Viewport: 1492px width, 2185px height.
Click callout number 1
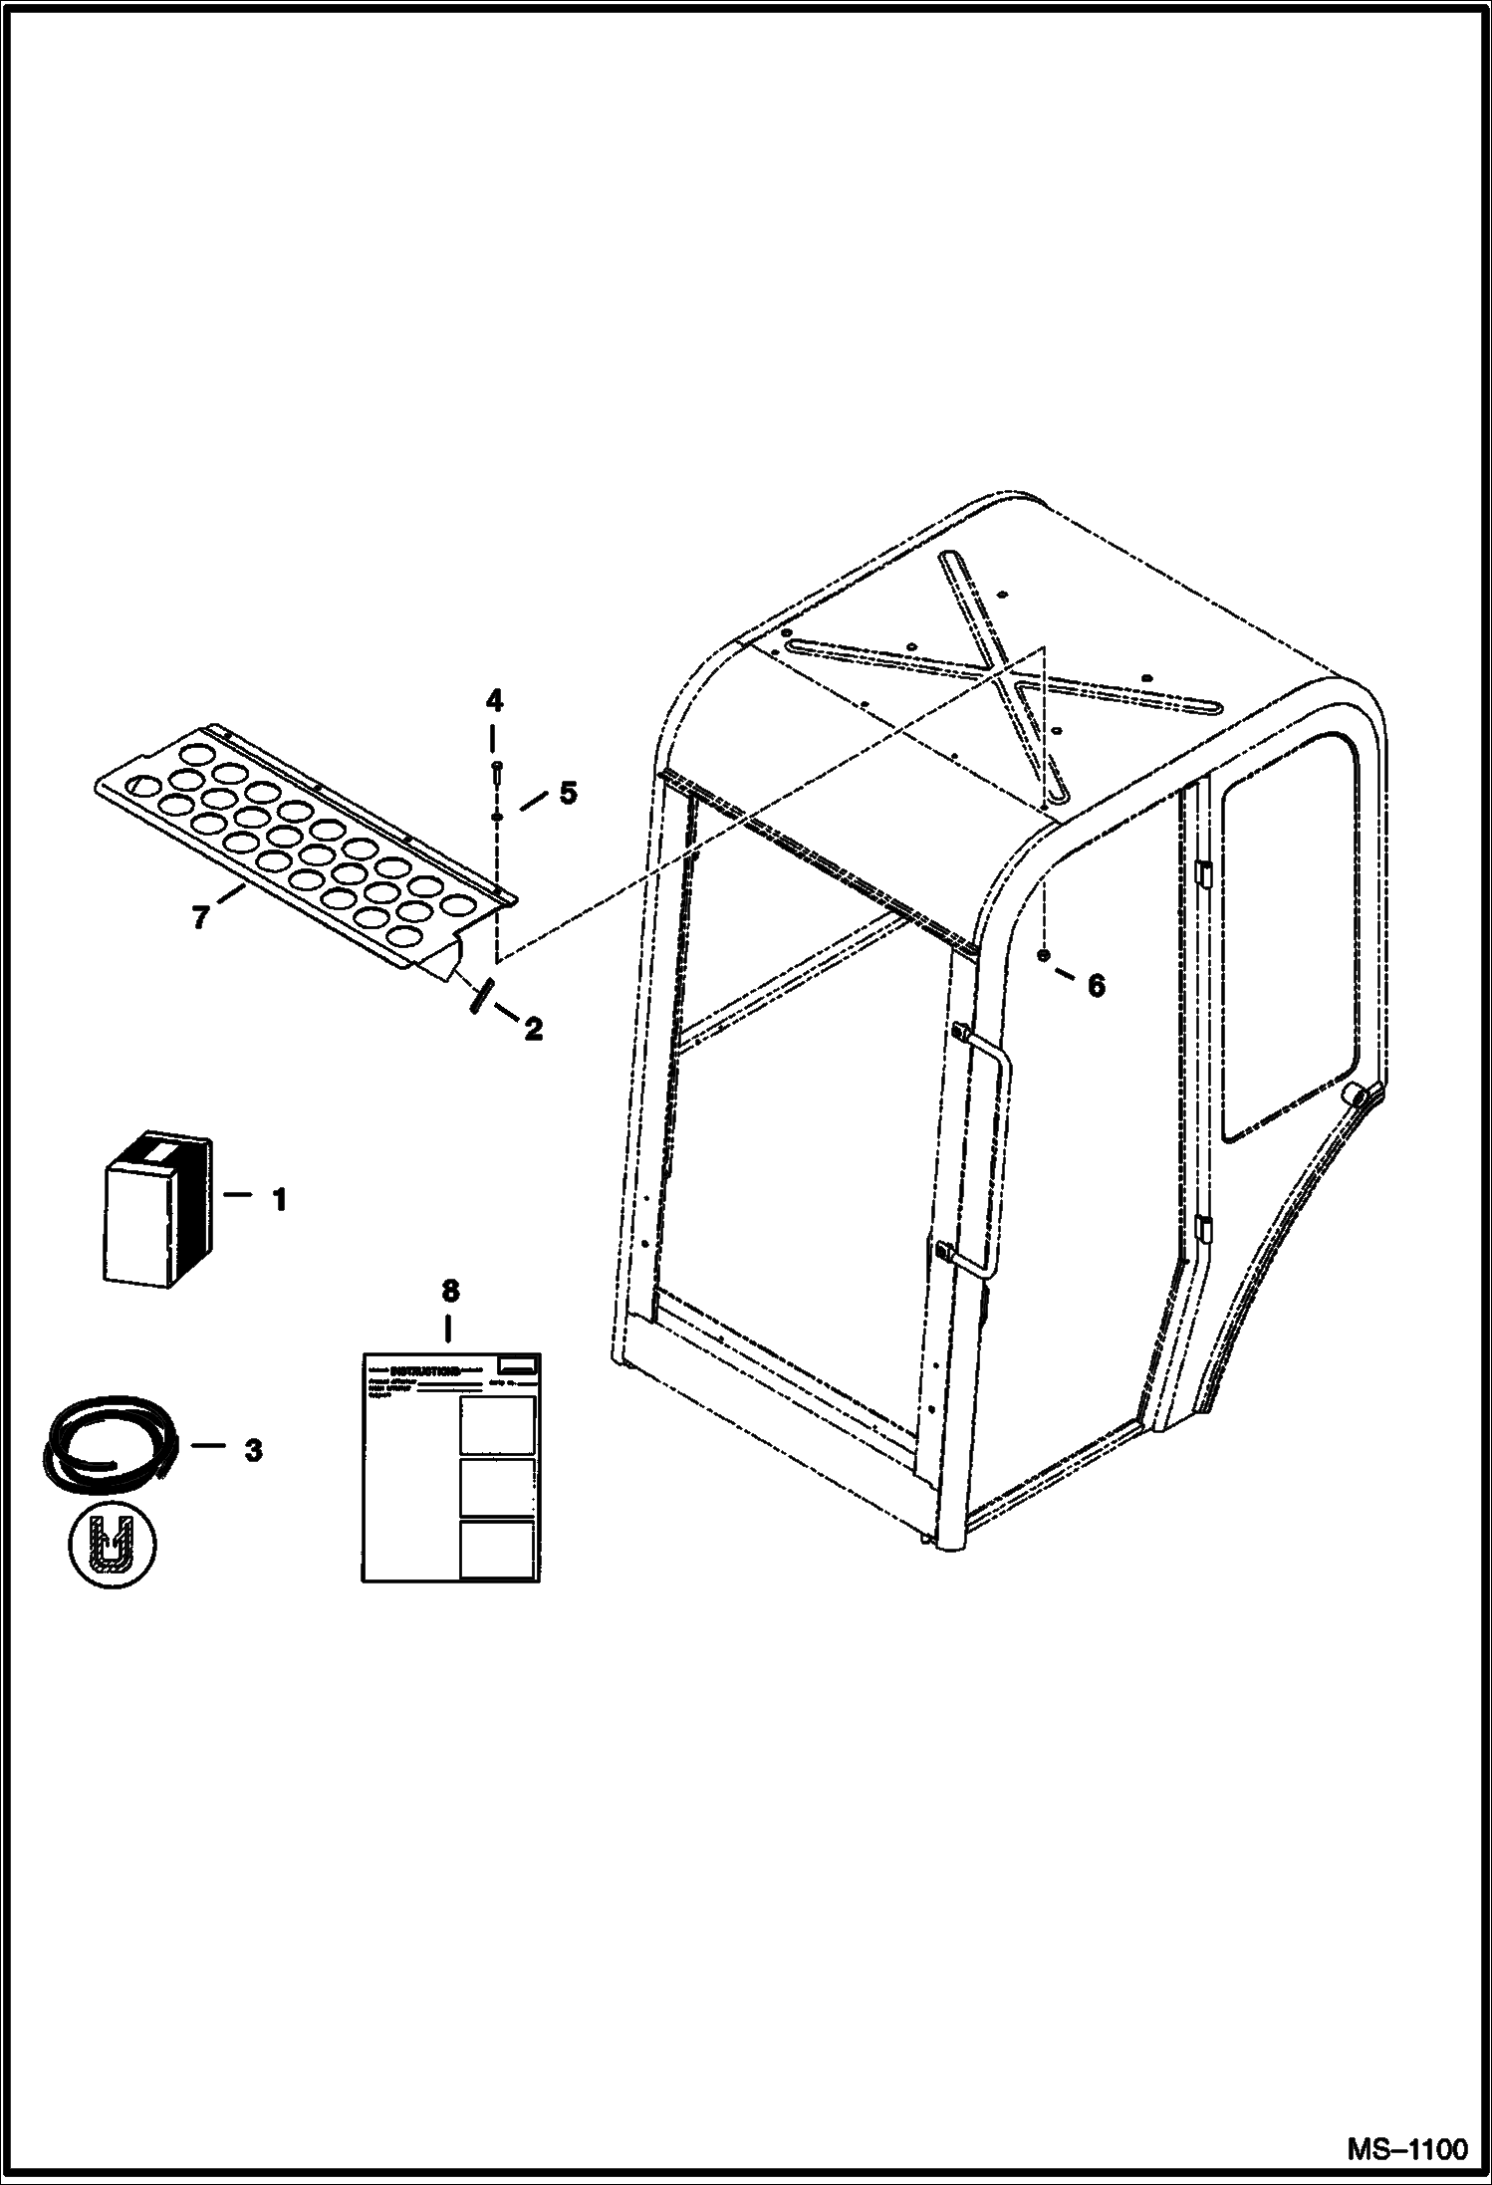[x=280, y=1199]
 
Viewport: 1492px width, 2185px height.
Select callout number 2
[x=534, y=1029]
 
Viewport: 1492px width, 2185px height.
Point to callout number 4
[x=495, y=701]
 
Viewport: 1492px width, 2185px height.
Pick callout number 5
[x=567, y=793]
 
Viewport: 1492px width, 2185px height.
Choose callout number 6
[x=1096, y=985]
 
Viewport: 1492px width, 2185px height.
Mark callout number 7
[x=200, y=915]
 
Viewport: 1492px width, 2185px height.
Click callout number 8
[x=450, y=1291]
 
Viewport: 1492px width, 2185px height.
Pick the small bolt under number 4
[x=496, y=768]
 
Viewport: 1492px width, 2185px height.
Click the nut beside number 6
[x=1042, y=956]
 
